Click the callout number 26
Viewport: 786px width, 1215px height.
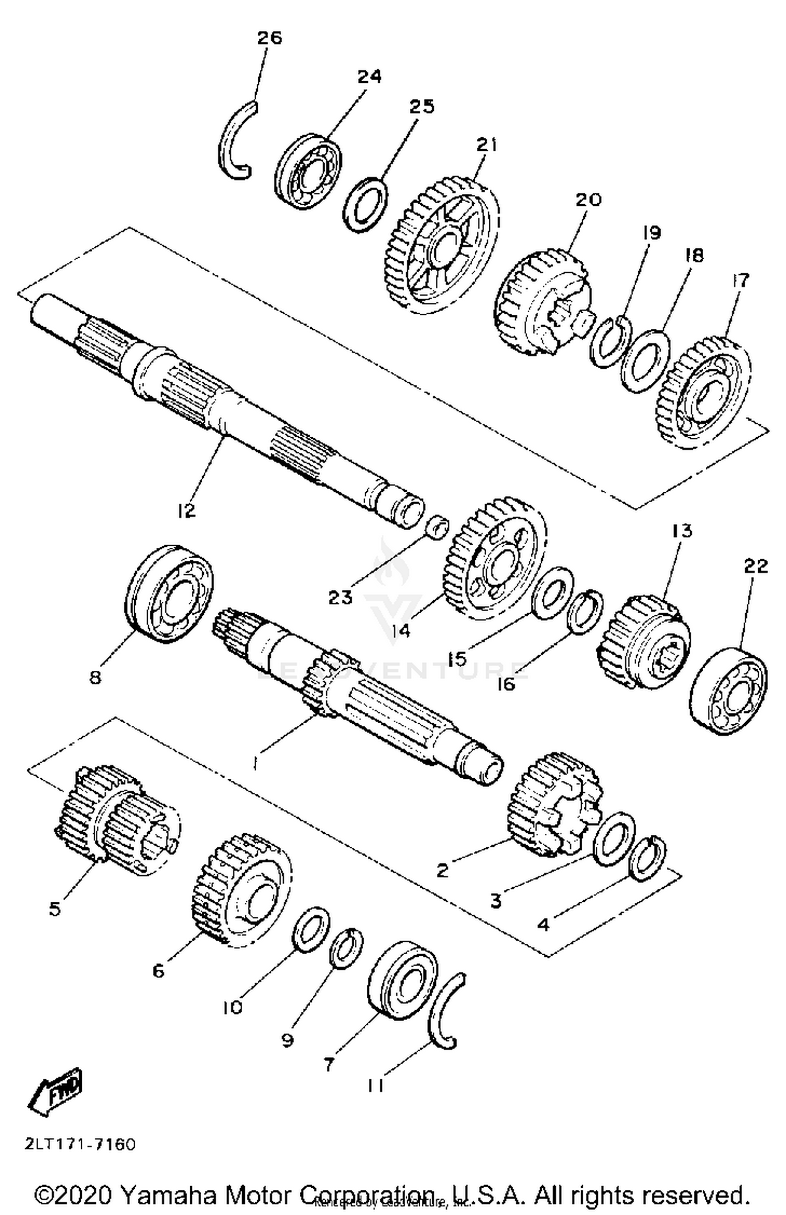click(269, 38)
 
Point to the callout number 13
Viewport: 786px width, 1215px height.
click(681, 531)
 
